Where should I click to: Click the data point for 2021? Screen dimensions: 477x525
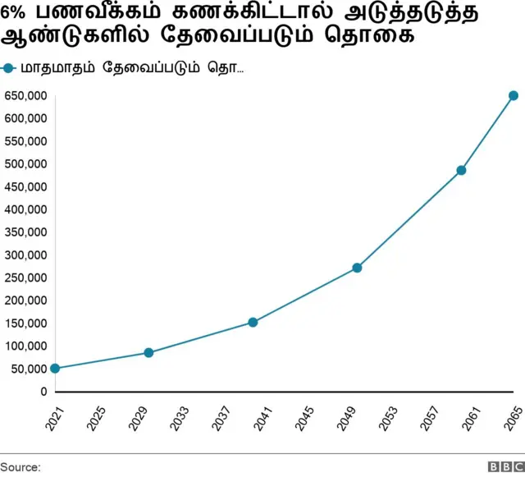(x=55, y=369)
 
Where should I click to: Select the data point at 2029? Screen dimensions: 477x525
(x=148, y=353)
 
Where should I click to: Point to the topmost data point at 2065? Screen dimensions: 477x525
(x=514, y=96)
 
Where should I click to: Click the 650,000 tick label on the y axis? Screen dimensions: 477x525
(x=25, y=96)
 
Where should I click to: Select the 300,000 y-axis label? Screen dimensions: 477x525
(x=25, y=255)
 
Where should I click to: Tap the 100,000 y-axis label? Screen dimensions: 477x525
(x=25, y=346)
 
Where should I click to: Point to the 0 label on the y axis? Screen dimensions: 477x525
(x=43, y=392)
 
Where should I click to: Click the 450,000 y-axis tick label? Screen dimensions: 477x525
(x=25, y=187)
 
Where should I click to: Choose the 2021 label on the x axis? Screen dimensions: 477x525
(x=55, y=419)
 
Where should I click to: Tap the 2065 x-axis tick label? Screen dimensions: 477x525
(x=514, y=419)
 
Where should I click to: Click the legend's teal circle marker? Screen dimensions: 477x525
(x=9, y=68)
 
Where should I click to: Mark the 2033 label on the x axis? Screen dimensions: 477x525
(x=180, y=419)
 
